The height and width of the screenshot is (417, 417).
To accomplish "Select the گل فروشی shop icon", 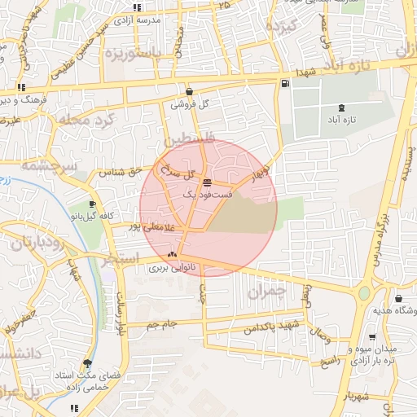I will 190,92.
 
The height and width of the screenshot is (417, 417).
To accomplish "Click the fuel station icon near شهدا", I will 284,83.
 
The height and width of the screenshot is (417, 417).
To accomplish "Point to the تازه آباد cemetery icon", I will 340,108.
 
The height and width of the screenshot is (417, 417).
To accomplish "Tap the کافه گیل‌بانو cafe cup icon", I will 92,204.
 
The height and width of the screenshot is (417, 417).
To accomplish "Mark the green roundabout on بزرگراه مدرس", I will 364,292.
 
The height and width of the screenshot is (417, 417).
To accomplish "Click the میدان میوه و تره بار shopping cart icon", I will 372,337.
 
